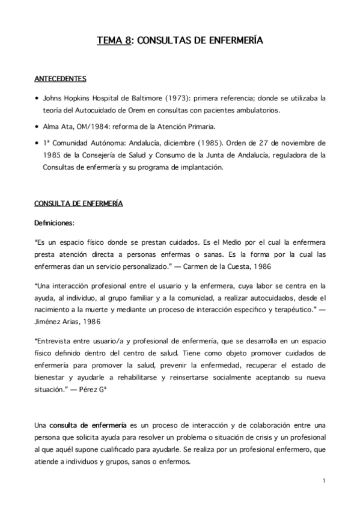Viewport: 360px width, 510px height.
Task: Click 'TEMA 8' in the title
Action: [113, 41]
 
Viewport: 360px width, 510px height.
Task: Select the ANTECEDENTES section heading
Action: [59, 79]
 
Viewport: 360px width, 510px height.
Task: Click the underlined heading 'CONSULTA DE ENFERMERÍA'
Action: [79, 204]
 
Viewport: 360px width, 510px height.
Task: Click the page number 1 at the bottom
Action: [323, 481]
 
